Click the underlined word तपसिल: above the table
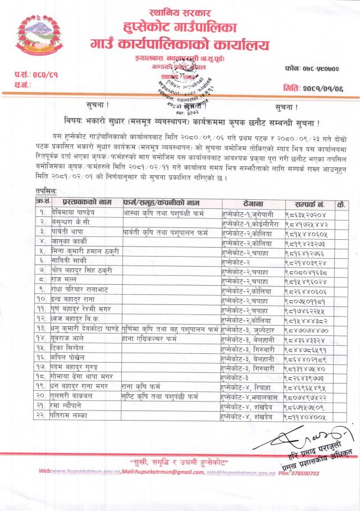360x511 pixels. click(45, 191)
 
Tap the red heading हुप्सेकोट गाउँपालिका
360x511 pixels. click(181, 25)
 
